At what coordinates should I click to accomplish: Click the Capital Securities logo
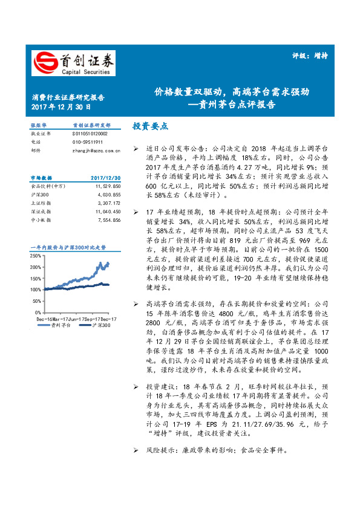pos(73,63)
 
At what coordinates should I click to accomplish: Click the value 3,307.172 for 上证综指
pos(109,204)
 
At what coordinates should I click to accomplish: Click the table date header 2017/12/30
pos(106,178)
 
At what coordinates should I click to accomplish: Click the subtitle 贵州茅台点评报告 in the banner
pos(241,103)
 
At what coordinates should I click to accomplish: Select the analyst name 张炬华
pos(38,125)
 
